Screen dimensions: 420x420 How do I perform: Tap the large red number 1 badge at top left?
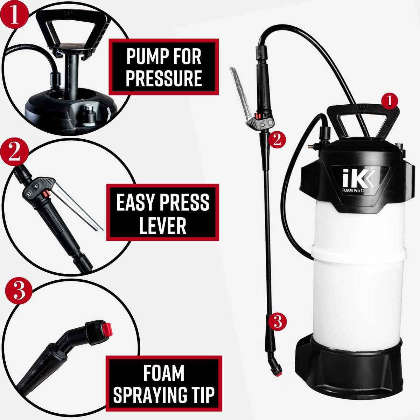click(x=14, y=14)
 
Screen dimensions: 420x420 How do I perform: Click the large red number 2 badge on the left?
click(x=14, y=152)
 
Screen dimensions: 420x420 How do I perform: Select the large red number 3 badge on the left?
click(x=19, y=291)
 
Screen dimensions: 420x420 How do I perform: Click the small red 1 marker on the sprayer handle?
click(x=390, y=101)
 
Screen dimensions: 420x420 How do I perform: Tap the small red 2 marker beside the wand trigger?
click(x=277, y=140)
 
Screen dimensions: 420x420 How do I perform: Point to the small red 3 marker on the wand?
click(x=277, y=322)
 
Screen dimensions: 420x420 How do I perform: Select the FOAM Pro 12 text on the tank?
click(x=353, y=190)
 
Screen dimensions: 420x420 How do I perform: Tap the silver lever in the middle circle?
click(x=76, y=205)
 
